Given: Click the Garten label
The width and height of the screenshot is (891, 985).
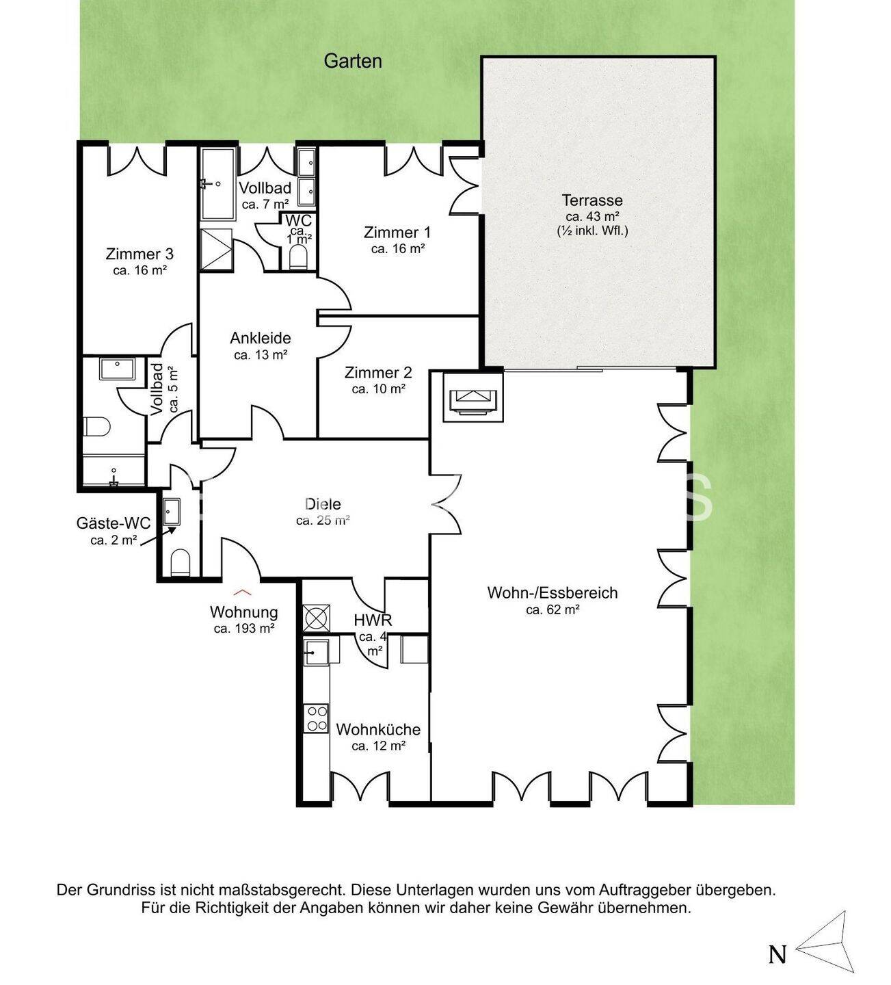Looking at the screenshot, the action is (x=352, y=62).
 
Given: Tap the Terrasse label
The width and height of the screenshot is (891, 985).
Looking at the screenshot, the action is (x=592, y=200).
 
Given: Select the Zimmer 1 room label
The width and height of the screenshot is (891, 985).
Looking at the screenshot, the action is (x=397, y=233).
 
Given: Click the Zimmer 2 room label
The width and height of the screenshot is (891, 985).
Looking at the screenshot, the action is (x=378, y=373).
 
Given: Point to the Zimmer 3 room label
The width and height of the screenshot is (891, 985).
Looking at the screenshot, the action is (x=139, y=254).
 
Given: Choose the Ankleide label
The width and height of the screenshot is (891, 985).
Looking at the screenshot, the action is (x=260, y=338).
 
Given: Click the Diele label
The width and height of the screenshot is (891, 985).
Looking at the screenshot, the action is (x=323, y=504).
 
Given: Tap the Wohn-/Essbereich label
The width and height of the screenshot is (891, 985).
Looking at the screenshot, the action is (x=553, y=592).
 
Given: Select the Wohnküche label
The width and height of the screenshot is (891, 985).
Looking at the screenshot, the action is (x=378, y=729).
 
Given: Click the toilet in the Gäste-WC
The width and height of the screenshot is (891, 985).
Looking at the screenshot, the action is (x=180, y=562).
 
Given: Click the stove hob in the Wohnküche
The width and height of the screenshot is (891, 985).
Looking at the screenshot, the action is (x=316, y=718).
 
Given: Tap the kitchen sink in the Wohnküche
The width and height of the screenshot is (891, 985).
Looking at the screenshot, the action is (x=316, y=652).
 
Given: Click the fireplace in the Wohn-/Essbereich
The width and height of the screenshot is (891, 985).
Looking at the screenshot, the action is (x=473, y=397).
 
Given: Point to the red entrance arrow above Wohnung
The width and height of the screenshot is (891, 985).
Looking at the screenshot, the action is (x=243, y=592).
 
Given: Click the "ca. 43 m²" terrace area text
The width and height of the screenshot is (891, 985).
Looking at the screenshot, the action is (x=592, y=217).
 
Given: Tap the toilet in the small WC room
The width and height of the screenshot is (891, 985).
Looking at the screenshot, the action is (x=298, y=257).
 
